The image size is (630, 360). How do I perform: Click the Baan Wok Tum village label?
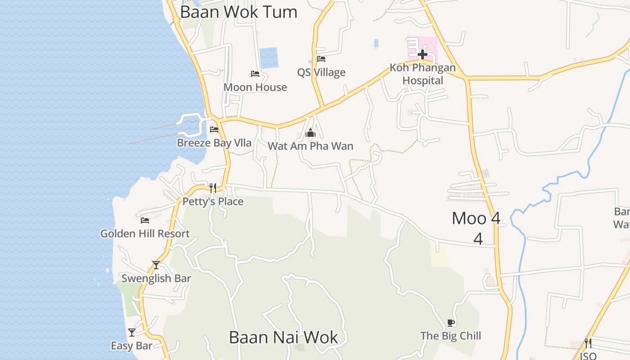coord(238,12)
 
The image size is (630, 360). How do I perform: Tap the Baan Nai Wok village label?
coord(283,337)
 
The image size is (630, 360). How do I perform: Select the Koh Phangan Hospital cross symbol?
coord(422,55)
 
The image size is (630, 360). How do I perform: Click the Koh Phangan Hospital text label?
coord(423,74)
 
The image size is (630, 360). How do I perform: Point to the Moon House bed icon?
coord(255,74)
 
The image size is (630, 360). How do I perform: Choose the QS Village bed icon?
coord(321,59)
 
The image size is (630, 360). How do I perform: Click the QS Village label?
coord(321,72)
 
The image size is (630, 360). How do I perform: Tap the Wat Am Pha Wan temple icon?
coord(310,133)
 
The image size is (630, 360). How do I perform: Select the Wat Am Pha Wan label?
coord(310,146)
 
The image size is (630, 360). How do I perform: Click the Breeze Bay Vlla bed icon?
coord(214,130)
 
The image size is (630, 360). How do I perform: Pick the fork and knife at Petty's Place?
coord(213,188)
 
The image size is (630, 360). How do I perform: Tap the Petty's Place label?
coord(213,202)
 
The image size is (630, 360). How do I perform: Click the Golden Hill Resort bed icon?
coord(145,220)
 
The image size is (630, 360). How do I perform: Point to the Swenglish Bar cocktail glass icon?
coord(156,265)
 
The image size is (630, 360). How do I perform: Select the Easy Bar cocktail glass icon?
coord(132,333)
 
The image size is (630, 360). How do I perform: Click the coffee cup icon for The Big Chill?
coord(451,323)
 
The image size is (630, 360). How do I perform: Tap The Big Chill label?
coord(450,336)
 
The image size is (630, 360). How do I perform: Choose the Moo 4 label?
coord(476,219)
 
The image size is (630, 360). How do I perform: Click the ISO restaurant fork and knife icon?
coord(588,343)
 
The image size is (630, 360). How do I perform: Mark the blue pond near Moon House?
coord(269,58)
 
